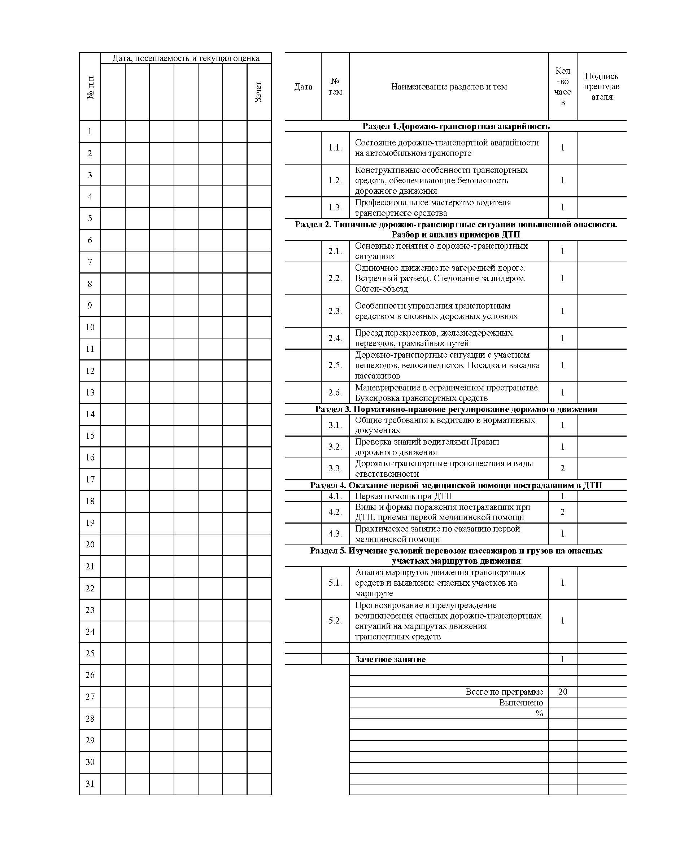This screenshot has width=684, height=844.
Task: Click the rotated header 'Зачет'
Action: click(x=258, y=92)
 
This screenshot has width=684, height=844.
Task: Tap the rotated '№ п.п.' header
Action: click(x=90, y=87)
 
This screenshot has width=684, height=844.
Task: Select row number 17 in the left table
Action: click(x=90, y=479)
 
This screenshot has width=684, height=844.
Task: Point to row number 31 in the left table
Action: click(x=90, y=783)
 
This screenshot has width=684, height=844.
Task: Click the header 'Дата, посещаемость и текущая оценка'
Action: click(x=186, y=58)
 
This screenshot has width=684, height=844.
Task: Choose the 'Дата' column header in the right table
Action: click(x=303, y=87)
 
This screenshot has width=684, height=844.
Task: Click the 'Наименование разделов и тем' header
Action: click(x=449, y=87)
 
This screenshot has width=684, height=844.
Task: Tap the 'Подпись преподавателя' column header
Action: click(x=601, y=87)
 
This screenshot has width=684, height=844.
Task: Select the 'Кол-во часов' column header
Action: click(x=563, y=87)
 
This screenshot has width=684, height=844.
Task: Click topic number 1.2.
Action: click(x=335, y=180)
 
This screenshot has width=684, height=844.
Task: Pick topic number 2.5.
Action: click(x=335, y=365)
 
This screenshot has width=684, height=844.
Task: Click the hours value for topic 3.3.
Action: click(x=563, y=468)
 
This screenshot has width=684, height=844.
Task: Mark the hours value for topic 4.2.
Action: click(x=563, y=512)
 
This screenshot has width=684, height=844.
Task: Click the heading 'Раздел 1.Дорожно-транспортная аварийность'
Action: click(x=456, y=126)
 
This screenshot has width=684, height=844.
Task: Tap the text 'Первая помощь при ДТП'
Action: click(x=404, y=496)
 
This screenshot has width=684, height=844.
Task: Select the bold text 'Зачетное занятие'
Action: click(x=390, y=659)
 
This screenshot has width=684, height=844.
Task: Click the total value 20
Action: click(x=563, y=692)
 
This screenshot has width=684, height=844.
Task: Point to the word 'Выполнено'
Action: click(x=521, y=703)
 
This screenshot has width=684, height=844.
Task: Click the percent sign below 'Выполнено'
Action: click(x=539, y=713)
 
